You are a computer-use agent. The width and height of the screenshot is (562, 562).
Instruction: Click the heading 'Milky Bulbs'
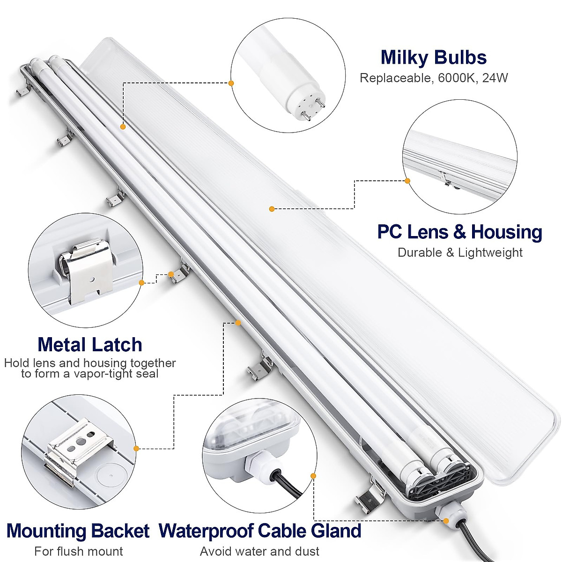pyautogui.click(x=433, y=58)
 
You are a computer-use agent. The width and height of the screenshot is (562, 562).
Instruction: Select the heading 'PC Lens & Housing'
pyautogui.click(x=459, y=232)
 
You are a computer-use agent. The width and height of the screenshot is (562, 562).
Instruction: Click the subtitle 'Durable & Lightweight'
pyautogui.click(x=460, y=252)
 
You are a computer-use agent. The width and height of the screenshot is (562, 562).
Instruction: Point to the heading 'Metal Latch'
pyautogui.click(x=90, y=345)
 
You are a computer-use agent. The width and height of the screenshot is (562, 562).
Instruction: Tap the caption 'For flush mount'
pyautogui.click(x=79, y=551)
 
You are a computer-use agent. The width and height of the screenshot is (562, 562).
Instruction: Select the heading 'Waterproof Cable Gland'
pyautogui.click(x=260, y=531)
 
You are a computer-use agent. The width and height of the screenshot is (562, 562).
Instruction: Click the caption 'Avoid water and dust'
pyautogui.click(x=260, y=551)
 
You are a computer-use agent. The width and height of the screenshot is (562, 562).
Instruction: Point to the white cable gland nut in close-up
pyautogui.click(x=258, y=466)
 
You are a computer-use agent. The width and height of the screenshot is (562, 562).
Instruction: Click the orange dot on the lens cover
pyautogui.click(x=272, y=208)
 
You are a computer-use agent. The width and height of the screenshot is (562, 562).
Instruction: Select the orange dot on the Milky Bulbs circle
pyautogui.click(x=231, y=83)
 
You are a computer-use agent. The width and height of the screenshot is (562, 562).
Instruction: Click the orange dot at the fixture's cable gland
pyautogui.click(x=446, y=520)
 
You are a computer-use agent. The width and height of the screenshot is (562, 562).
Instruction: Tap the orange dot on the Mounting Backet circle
pyautogui.click(x=136, y=448)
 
